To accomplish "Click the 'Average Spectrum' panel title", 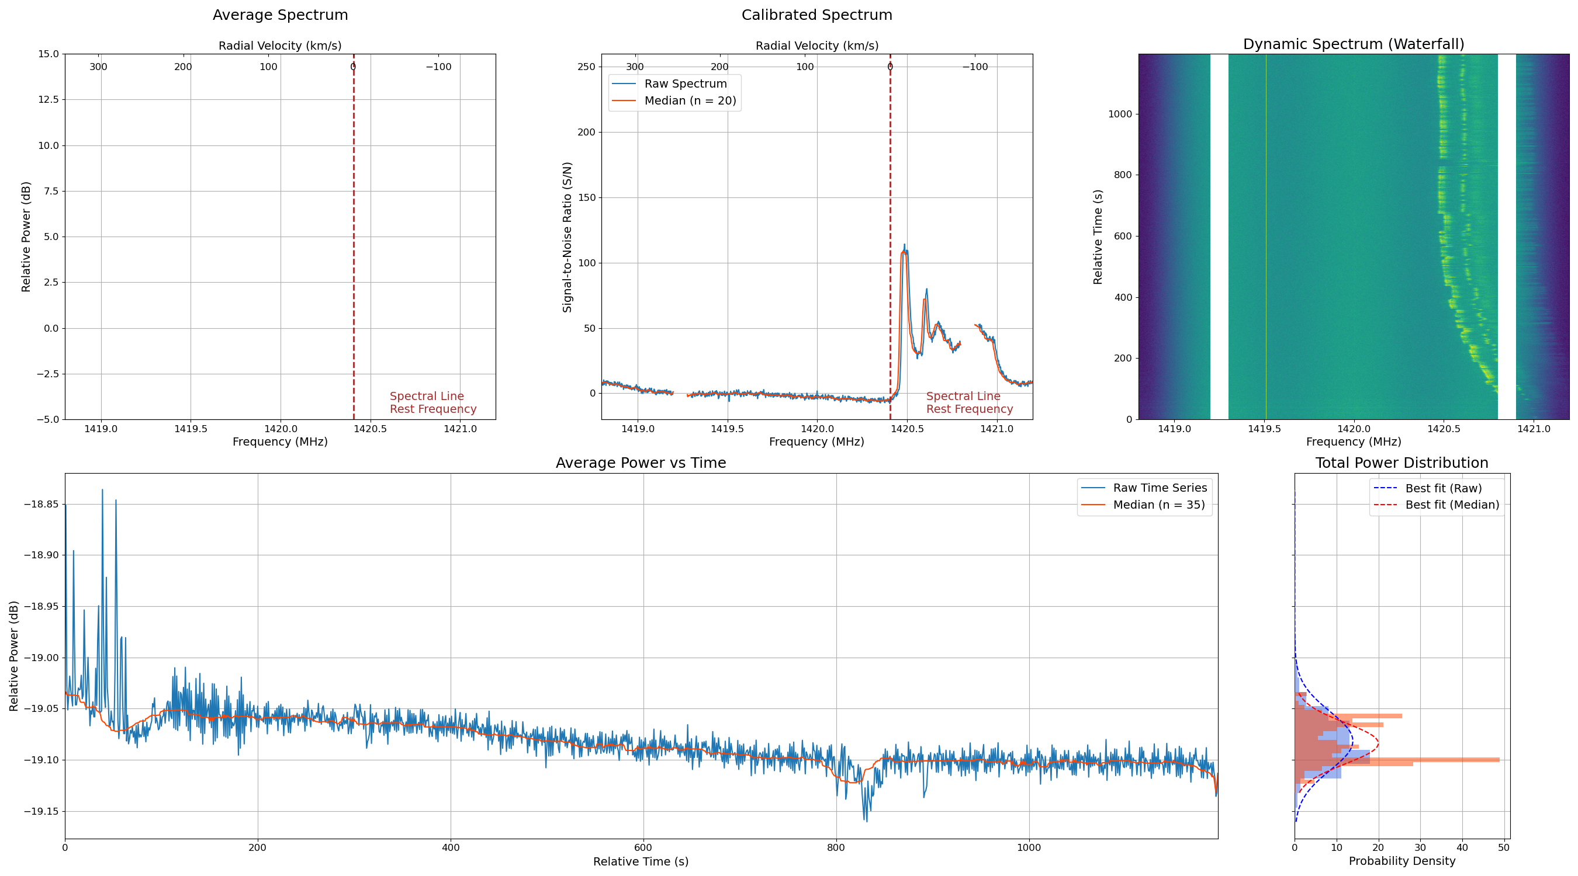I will point(280,15).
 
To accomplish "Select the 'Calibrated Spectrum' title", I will point(816,15).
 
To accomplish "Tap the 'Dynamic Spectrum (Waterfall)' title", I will point(1353,44).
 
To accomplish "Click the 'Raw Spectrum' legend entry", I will point(685,84).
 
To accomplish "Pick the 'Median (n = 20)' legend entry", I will point(690,101).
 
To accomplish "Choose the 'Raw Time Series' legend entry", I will point(1160,488).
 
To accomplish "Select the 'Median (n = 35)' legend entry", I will point(1158,505).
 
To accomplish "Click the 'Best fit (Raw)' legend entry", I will point(1443,488).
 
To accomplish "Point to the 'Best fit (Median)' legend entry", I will point(1452,505).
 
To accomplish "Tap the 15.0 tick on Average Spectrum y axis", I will point(48,54).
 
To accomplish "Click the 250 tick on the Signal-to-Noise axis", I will point(586,67).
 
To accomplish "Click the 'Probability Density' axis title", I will point(1401,861).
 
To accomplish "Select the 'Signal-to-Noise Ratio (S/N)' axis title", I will point(567,237).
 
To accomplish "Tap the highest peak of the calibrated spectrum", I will point(904,245).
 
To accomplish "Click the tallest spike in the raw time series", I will point(102,490).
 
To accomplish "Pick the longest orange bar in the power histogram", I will point(1397,760).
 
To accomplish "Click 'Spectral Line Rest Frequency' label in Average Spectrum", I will point(432,403).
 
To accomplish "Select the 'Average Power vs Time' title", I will point(641,463).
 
